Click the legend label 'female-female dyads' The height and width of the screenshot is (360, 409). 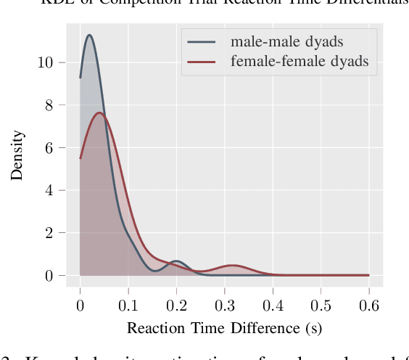point(299,62)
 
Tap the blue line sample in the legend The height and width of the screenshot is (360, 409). point(202,42)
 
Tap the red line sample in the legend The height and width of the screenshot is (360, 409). point(202,62)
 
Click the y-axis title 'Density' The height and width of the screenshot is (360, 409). point(17,155)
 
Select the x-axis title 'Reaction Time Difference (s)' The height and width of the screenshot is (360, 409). point(224,328)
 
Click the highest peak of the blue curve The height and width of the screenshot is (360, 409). point(88,35)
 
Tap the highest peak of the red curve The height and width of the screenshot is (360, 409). point(100,112)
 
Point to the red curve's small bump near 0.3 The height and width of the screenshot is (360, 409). point(232,266)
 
